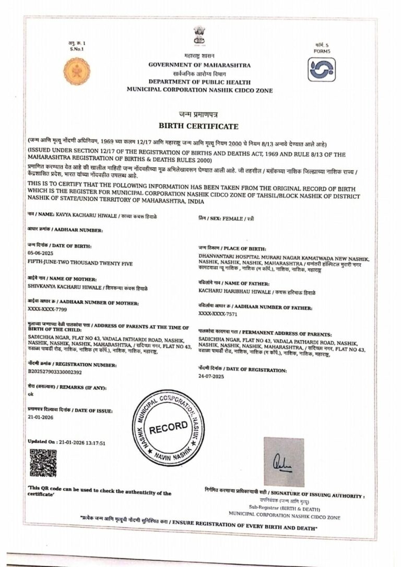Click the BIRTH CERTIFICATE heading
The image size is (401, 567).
pyautogui.click(x=198, y=126)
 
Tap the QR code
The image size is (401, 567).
pyautogui.click(x=43, y=463)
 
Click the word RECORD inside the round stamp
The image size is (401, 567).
pyautogui.click(x=168, y=427)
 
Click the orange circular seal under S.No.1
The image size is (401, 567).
pyautogui.click(x=76, y=70)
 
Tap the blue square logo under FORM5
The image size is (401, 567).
pyautogui.click(x=321, y=69)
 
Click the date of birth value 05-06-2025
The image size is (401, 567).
pyautogui.click(x=41, y=252)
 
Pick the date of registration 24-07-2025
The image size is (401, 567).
pyautogui.click(x=211, y=376)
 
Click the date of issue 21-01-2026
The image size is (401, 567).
pyautogui.click(x=40, y=418)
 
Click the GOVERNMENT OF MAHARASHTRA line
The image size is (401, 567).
pyautogui.click(x=199, y=65)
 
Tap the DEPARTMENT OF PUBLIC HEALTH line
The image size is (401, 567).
pyautogui.click(x=199, y=82)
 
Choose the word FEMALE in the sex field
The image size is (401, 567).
pyautogui.click(x=233, y=219)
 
